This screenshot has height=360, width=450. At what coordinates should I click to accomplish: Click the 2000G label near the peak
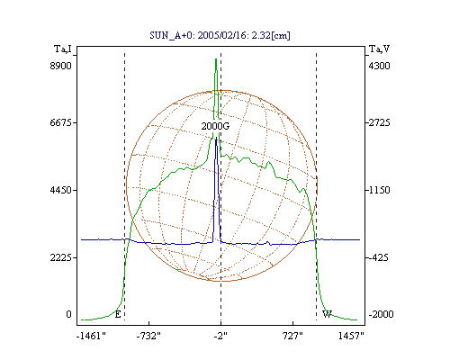tap(215, 126)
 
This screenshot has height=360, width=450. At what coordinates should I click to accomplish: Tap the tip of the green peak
tap(216, 59)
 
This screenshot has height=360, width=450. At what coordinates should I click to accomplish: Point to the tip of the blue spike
tap(216, 138)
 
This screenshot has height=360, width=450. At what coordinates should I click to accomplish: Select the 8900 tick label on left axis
tap(60, 66)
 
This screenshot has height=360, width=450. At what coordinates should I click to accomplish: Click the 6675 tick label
tap(60, 122)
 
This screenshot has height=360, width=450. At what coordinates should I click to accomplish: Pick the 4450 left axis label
tap(60, 190)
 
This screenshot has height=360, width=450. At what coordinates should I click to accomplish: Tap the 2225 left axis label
tap(60, 257)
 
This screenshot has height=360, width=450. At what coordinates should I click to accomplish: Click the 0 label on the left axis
tap(68, 314)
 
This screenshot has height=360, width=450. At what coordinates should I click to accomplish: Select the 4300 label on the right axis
tap(379, 66)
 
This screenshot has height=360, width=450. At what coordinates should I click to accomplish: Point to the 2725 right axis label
tap(379, 122)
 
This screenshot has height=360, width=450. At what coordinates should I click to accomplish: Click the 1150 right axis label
tap(379, 190)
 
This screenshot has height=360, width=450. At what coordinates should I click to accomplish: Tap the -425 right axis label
tap(378, 257)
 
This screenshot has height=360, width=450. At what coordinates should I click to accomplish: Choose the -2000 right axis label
tap(381, 314)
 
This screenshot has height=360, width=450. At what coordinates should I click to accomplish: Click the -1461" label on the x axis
tap(91, 336)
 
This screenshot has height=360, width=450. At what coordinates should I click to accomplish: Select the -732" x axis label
tap(148, 336)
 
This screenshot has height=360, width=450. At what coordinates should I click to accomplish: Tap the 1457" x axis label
tap(351, 336)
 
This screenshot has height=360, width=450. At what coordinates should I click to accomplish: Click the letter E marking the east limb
tap(118, 314)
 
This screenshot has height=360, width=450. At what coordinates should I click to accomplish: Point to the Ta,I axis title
tap(63, 49)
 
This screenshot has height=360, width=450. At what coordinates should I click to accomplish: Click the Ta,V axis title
tap(379, 49)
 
